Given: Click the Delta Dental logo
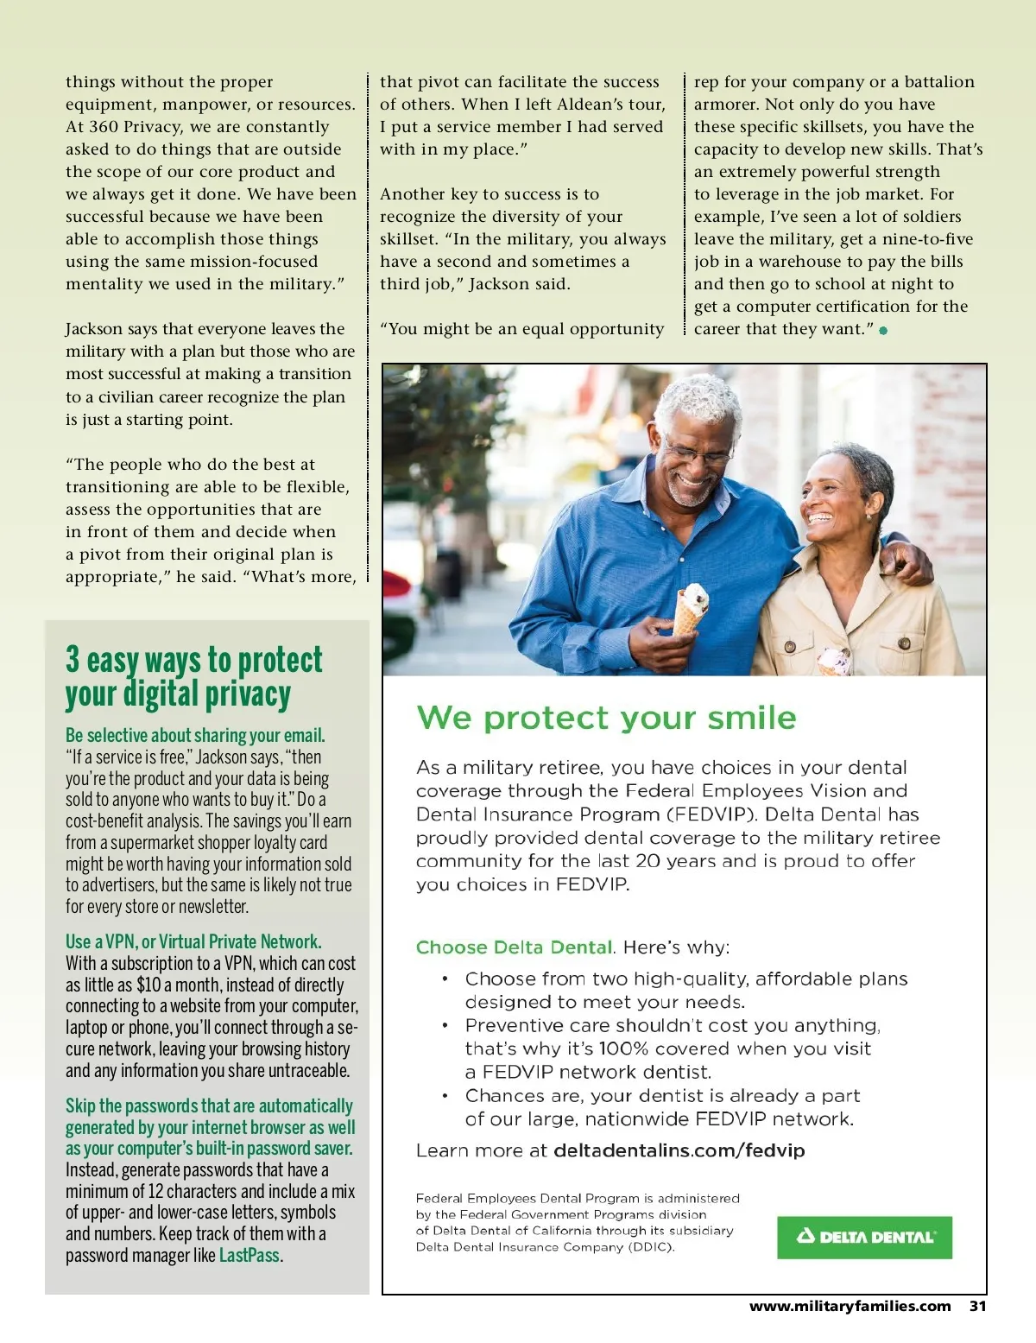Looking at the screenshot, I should coord(864,1237).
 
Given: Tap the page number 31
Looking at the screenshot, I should coord(977,1306).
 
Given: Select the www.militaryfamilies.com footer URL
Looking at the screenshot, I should coord(850,1306).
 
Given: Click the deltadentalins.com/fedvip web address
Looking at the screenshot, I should coord(679,1150).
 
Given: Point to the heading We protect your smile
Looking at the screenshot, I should coord(606,718).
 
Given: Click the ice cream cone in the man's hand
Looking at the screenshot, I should coord(691,608).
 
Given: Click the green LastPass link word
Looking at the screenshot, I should coord(250,1256).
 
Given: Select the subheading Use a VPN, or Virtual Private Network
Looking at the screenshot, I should coord(193,941).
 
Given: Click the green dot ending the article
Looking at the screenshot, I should coord(883,330).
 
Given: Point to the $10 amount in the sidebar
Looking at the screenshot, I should coord(148,985).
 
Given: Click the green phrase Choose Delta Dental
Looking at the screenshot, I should coord(514,947).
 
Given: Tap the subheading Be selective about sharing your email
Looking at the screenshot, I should coord(195,735).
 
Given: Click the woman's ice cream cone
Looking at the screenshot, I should coord(833,661).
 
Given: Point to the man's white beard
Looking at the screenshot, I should coord(691,492).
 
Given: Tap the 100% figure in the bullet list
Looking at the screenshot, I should coord(624,1048).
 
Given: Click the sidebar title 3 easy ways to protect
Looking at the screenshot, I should coord(193,660).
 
